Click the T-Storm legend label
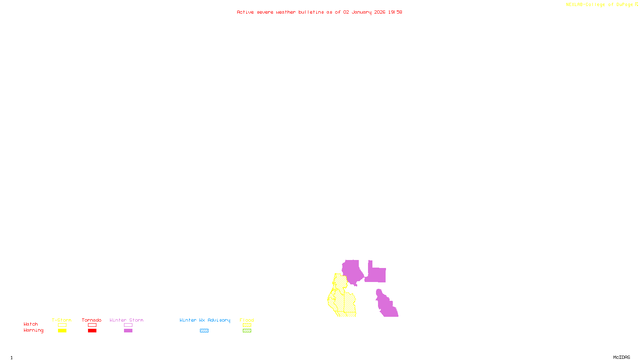click(x=62, y=320)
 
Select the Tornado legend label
click(x=92, y=320)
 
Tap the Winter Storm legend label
click(x=126, y=320)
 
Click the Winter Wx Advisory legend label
click(x=205, y=320)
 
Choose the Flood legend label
click(x=247, y=320)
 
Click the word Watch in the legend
click(x=31, y=324)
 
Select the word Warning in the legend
click(x=33, y=330)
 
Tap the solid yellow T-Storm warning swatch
click(x=62, y=331)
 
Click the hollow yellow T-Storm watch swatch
click(x=62, y=325)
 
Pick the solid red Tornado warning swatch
click(x=92, y=331)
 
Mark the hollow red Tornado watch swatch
click(x=92, y=325)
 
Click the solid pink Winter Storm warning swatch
click(x=128, y=331)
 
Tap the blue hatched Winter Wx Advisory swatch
click(x=204, y=331)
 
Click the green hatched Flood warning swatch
click(x=247, y=331)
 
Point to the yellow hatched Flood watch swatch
click(x=247, y=325)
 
